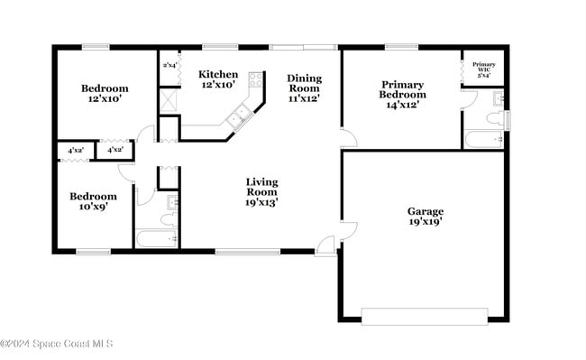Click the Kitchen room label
pyautogui.click(x=218, y=79)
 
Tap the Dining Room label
pyautogui.click(x=304, y=88)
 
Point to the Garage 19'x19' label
pyautogui.click(x=426, y=216)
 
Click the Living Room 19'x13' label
pyautogui.click(x=262, y=192)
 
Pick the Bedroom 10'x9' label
pyautogui.click(x=94, y=201)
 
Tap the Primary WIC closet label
pyautogui.click(x=484, y=69)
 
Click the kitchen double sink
pyautogui.click(x=241, y=115)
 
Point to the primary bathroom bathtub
pyautogui.click(x=484, y=139)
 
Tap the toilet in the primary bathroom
pyautogui.click(x=495, y=118)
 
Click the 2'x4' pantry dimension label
pyautogui.click(x=169, y=66)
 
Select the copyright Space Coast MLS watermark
pyautogui.click(x=56, y=344)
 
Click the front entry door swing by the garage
pyautogui.click(x=325, y=242)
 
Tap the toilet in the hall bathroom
pyautogui.click(x=169, y=217)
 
